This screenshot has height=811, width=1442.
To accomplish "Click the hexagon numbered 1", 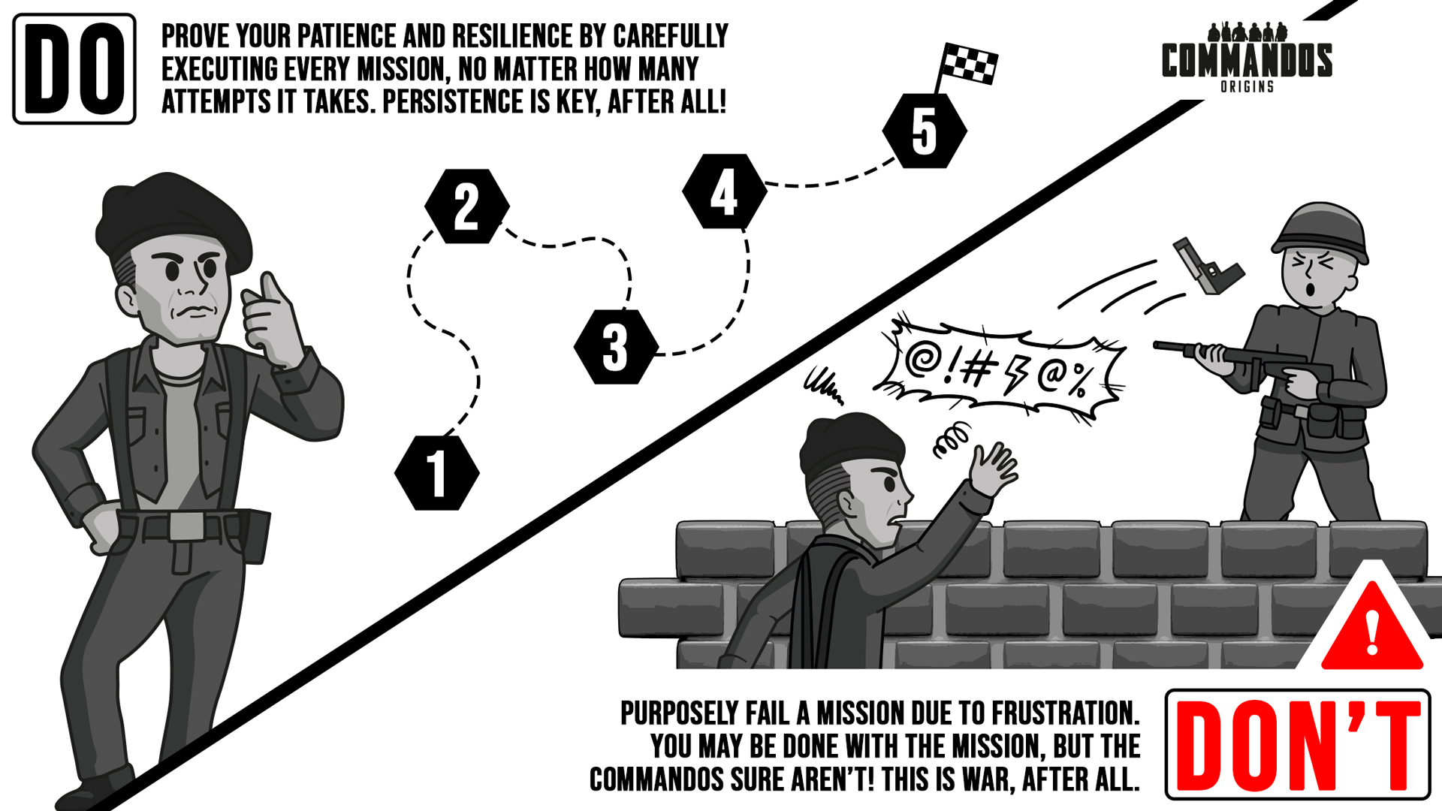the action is pyautogui.click(x=436, y=473).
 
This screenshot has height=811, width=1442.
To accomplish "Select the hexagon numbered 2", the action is pyautogui.click(x=466, y=206).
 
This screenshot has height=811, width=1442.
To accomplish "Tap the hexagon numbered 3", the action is pyautogui.click(x=616, y=347).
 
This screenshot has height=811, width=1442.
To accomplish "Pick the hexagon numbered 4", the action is pyautogui.click(x=724, y=191).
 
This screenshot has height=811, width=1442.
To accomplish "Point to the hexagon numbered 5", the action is pyautogui.click(x=925, y=131).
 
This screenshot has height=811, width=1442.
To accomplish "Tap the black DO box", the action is pyautogui.click(x=74, y=69).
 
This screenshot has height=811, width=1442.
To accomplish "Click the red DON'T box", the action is pyautogui.click(x=1298, y=744).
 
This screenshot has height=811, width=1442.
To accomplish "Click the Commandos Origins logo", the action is pyautogui.click(x=1247, y=58).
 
